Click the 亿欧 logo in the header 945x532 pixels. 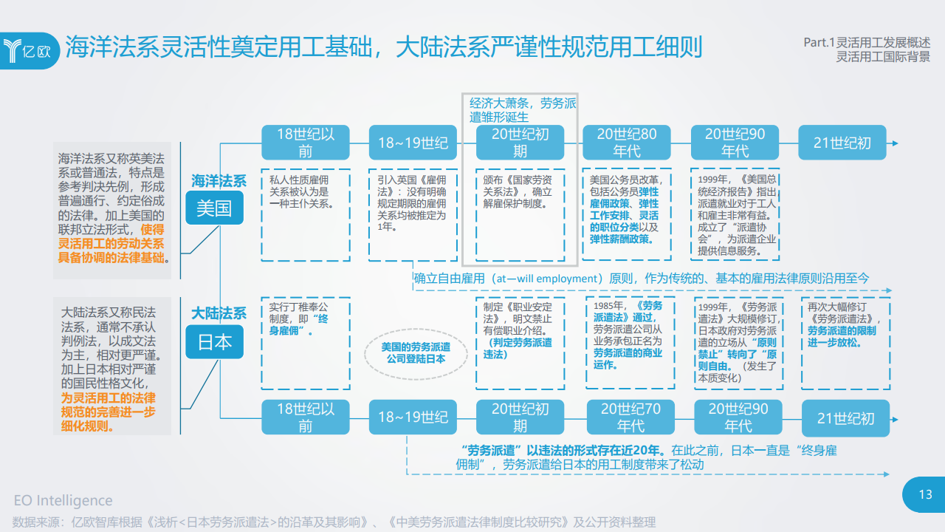tap(30, 50)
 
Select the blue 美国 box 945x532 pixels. tap(214, 208)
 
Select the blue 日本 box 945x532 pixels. tap(214, 342)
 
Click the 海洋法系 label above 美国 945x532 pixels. tap(219, 180)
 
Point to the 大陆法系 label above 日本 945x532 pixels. tap(219, 313)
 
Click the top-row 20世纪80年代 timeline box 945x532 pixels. tap(627, 143)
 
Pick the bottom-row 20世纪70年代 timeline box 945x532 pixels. tap(630, 417)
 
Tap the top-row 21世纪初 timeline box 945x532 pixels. tap(842, 143)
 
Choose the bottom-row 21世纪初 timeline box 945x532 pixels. tap(845, 418)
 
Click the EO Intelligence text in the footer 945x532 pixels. tap(63, 501)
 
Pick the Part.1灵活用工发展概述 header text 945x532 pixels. tap(867, 43)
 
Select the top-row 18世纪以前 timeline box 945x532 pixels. tap(305, 143)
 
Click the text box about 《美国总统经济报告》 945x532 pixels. tap(735, 214)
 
